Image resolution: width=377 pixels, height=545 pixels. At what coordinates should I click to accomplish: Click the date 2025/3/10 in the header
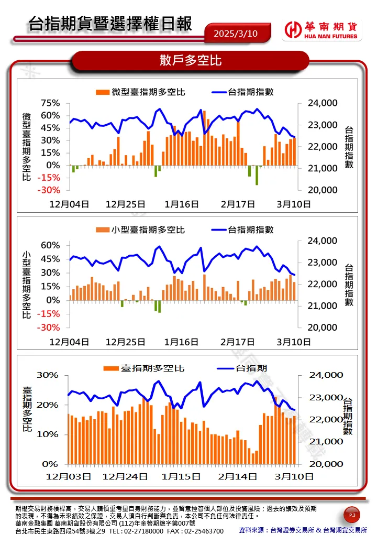[236, 34]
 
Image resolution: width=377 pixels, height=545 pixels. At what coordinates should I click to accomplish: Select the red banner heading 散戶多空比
[191, 60]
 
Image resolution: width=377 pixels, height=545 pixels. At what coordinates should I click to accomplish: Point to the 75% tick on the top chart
[50, 103]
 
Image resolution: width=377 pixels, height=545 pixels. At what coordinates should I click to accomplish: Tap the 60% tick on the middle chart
[50, 245]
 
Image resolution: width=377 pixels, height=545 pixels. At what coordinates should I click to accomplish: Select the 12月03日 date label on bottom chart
[68, 477]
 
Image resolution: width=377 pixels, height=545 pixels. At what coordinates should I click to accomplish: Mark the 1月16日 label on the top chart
[181, 204]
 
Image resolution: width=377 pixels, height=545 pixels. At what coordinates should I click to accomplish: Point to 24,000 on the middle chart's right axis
[321, 241]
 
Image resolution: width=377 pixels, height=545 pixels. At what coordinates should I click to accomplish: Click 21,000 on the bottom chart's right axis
[329, 442]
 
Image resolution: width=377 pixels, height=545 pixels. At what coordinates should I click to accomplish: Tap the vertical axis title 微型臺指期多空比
[27, 147]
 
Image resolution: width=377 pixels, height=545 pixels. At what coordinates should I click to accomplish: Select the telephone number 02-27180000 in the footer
[141, 531]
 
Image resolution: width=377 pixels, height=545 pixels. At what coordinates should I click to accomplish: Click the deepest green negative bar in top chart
[257, 175]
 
